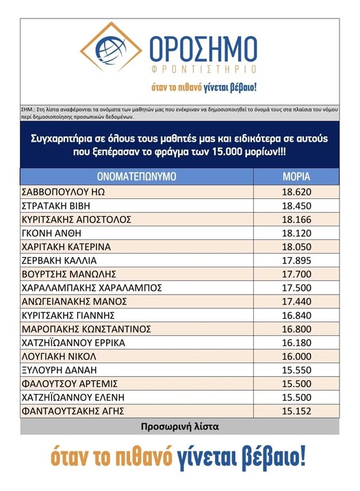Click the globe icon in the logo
[x=111, y=50]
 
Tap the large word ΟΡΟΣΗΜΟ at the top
[x=203, y=49]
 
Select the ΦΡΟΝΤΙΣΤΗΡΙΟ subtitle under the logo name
[x=204, y=69]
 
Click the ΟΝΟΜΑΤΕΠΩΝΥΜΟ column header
[x=137, y=176]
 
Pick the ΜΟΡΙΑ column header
[x=296, y=176]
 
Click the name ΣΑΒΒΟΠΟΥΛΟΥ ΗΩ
[x=63, y=192]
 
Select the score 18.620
[x=297, y=192]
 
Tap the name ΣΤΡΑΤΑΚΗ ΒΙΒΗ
[x=55, y=206]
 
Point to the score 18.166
[x=297, y=220]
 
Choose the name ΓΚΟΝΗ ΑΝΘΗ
[x=51, y=233]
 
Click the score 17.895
[x=297, y=261]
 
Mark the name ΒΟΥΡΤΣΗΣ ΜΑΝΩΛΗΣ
[x=69, y=274]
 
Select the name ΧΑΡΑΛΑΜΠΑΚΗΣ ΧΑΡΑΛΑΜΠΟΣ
[x=92, y=288]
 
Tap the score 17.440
[x=297, y=302]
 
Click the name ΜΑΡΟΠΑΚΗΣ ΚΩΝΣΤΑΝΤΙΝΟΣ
[x=86, y=329]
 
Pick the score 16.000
[x=297, y=356]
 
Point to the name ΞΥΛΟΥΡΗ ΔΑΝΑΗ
[x=60, y=370]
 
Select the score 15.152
[x=297, y=411]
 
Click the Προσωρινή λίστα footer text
[x=180, y=427]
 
